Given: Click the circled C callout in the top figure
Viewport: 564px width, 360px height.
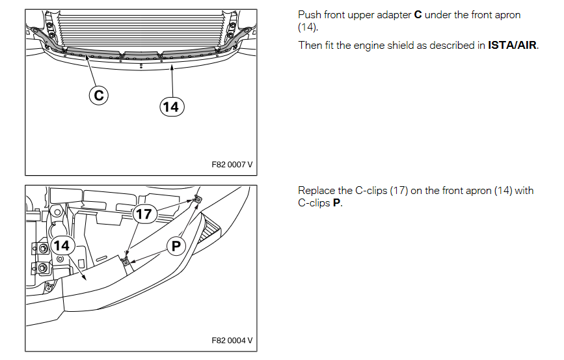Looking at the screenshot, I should click(x=98, y=96).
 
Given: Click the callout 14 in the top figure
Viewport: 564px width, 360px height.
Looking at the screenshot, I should click(x=172, y=106).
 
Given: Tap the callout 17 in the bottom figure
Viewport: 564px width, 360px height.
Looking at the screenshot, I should click(x=143, y=214).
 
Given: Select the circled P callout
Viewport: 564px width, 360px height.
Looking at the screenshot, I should click(x=176, y=245).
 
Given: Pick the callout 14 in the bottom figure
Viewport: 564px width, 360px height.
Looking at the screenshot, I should click(x=62, y=245).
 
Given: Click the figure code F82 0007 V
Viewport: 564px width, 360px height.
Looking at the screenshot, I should click(x=232, y=165).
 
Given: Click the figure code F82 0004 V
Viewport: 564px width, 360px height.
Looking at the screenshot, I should click(x=232, y=340).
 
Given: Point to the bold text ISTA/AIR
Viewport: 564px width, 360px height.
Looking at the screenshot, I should click(x=513, y=46).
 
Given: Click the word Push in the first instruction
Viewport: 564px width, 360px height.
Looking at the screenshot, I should click(x=310, y=15).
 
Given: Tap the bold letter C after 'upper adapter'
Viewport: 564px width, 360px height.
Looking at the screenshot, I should click(x=418, y=15).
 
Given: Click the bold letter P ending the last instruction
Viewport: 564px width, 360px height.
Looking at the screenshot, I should click(x=336, y=203).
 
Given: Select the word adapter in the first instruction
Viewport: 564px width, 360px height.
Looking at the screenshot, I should click(x=393, y=15).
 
